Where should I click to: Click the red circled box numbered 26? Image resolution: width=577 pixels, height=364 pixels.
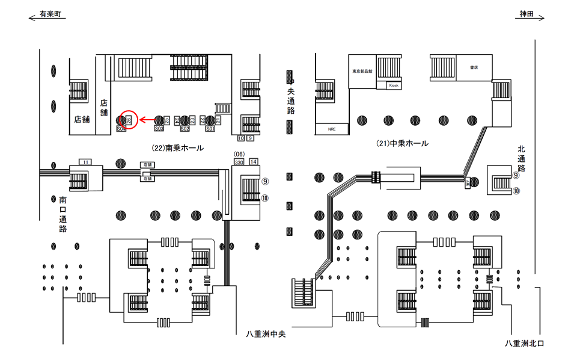pos(129,120)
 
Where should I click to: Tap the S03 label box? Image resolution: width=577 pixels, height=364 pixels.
pos(159,128)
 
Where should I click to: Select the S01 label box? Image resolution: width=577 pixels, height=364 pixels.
pos(210,128)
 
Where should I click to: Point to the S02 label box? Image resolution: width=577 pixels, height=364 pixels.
pos(185,128)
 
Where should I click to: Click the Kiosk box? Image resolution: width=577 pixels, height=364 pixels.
pos(394,85)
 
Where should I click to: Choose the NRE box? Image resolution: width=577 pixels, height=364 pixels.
pos(331,129)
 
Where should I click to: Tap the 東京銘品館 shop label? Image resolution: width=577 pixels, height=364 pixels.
pos(362,71)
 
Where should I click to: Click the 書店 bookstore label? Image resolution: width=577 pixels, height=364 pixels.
pos(474,67)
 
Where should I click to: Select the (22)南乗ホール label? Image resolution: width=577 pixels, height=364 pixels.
pos(178,147)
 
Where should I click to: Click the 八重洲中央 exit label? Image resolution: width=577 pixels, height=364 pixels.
pos(265,334)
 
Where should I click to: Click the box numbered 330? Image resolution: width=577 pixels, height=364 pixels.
pos(239,162)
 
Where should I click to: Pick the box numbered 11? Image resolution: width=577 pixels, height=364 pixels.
pos(86,162)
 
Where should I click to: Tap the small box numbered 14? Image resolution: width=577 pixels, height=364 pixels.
pos(254,162)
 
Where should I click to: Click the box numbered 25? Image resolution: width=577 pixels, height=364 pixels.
pos(167,120)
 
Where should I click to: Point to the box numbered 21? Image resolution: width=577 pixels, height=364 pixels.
pos(218,120)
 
